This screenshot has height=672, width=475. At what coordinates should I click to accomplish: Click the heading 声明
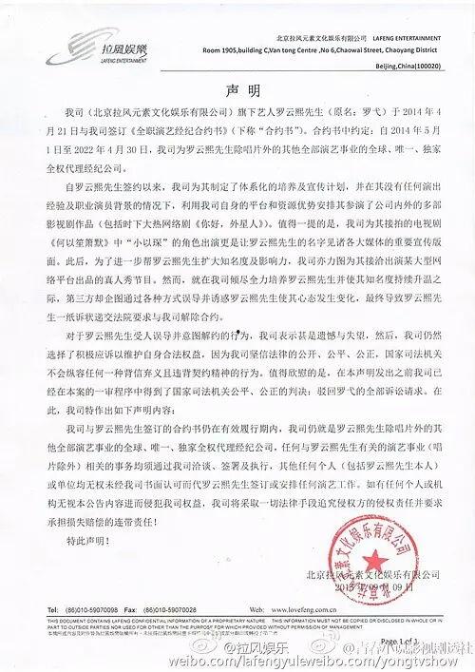(x=237, y=91)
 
